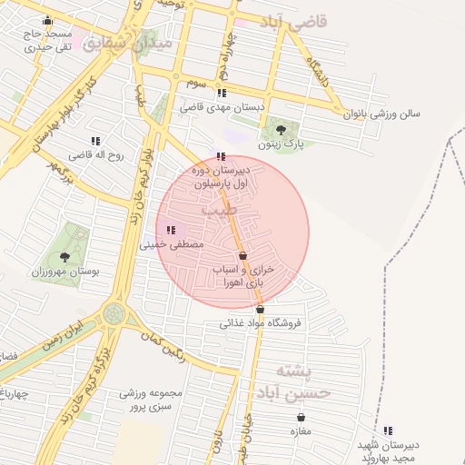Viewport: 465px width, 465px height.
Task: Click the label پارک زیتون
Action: coord(279,143)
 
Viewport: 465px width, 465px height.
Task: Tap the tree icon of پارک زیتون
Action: coord(280,129)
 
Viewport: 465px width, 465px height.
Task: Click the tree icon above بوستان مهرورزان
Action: coord(64,257)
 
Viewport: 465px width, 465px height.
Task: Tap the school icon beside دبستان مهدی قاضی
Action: coord(222,93)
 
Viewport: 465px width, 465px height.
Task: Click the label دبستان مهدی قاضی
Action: coord(221,107)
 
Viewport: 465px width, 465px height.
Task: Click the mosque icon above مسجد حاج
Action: coord(47,20)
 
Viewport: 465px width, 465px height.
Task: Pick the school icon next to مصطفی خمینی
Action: coord(172,230)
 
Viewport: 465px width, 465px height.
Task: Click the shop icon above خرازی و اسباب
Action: coord(242,256)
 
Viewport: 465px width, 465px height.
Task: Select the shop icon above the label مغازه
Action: coord(301,417)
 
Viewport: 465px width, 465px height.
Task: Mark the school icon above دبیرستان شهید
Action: coord(389,430)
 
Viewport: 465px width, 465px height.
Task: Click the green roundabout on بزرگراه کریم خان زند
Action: coord(114,313)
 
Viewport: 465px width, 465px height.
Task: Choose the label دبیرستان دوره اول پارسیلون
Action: coord(221,176)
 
